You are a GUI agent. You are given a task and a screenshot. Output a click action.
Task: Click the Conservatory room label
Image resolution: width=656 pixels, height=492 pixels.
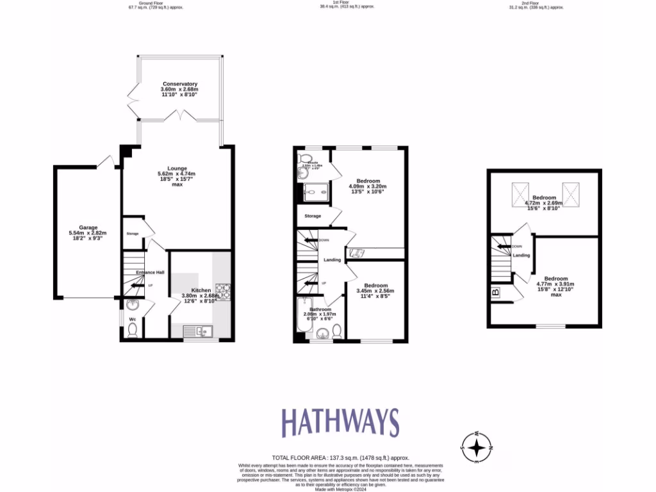179,84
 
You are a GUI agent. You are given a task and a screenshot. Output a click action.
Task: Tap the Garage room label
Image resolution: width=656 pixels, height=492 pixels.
88,227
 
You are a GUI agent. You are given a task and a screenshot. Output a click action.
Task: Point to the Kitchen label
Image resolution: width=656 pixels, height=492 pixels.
201,290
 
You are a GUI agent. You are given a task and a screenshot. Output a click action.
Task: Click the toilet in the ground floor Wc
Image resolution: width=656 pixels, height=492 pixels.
133,329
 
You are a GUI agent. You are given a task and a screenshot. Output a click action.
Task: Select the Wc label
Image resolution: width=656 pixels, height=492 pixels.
132,318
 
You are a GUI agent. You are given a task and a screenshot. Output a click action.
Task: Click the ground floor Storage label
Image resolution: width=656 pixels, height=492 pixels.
133,233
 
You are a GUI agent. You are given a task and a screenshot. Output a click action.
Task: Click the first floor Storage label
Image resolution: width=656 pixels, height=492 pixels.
313,216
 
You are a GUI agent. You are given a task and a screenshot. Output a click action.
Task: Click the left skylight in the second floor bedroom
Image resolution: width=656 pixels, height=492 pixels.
520,194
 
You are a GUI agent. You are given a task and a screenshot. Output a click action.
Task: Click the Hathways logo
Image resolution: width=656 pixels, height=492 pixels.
341,423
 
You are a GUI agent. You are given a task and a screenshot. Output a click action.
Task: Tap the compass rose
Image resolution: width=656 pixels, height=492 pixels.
477,447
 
